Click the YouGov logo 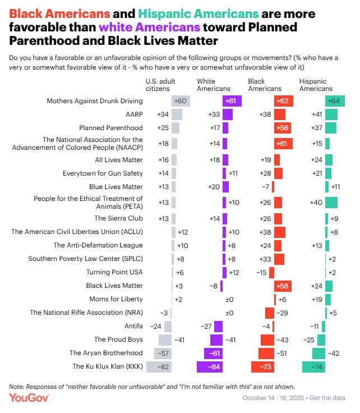29,397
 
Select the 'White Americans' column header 213,85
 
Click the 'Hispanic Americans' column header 316,85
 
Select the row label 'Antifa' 133,325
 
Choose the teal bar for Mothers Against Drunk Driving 331,100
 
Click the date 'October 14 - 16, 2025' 274,398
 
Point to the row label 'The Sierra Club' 119,218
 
